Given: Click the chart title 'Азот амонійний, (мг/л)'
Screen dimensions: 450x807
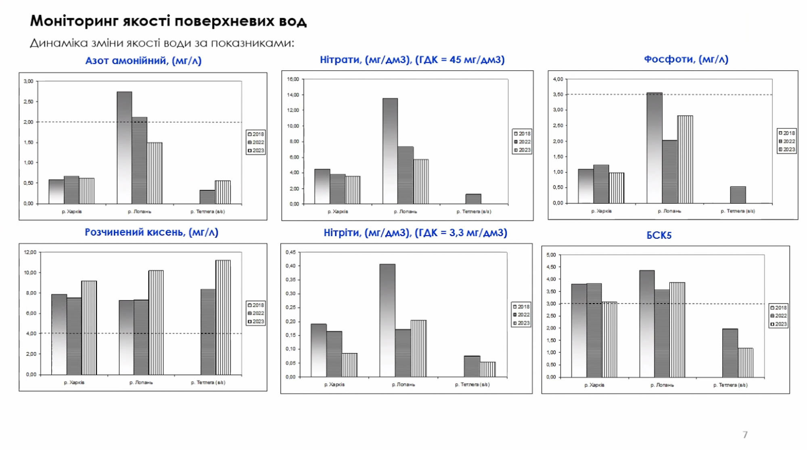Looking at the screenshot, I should (x=143, y=61).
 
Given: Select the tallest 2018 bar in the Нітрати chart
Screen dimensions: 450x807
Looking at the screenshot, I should (x=390, y=151).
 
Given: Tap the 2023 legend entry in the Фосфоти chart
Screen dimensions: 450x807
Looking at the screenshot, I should (x=787, y=149).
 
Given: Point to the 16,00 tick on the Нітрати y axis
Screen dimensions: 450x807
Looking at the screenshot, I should (x=293, y=79).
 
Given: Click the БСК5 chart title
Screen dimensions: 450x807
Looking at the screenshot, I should (x=659, y=235).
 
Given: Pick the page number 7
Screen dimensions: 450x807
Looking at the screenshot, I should (x=745, y=435).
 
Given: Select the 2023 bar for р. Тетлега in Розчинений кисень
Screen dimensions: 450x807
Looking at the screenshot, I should (x=223, y=317).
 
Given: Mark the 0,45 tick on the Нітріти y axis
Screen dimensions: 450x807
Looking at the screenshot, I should (x=291, y=252).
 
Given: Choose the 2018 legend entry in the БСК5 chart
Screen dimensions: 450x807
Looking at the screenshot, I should (x=778, y=308).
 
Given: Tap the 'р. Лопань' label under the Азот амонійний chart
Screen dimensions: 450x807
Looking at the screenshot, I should (x=140, y=211).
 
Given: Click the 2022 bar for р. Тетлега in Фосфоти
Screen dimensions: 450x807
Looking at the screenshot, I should (x=738, y=195).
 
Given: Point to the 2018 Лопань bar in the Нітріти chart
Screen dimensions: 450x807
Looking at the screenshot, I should (x=387, y=320).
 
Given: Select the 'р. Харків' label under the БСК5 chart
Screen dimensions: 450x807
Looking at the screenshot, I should (x=594, y=385).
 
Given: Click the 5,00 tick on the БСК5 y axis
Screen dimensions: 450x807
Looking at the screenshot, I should (x=551, y=255).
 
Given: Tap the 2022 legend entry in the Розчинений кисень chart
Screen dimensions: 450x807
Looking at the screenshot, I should (x=256, y=313).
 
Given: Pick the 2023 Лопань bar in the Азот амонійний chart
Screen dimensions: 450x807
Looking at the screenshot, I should (x=155, y=173).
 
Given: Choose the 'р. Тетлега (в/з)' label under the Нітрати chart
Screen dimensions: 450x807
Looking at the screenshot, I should (x=474, y=211).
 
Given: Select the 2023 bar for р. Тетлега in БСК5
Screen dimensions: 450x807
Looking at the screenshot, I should (x=746, y=362).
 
